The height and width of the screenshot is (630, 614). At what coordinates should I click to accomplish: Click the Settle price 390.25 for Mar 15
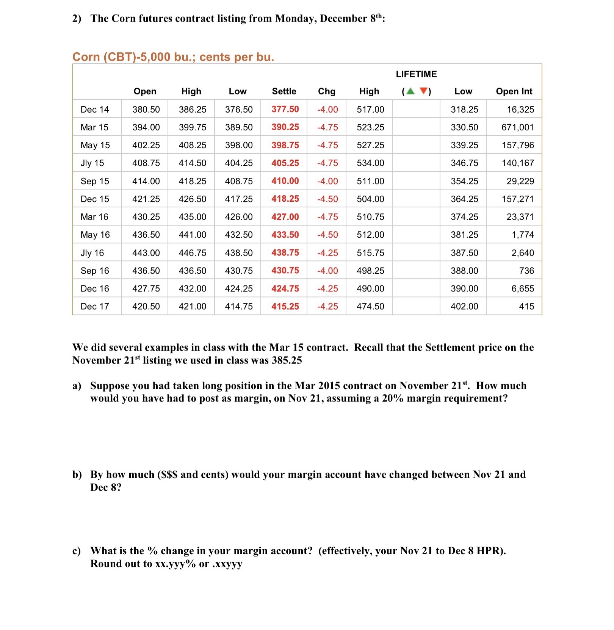[285, 127]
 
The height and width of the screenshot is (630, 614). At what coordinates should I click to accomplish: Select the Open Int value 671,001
[517, 127]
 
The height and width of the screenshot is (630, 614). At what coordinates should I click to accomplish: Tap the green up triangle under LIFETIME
[410, 91]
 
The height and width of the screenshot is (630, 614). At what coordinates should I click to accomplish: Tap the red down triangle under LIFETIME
[424, 91]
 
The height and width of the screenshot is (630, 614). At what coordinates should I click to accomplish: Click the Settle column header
[284, 91]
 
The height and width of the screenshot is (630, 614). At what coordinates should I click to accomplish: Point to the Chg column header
[326, 91]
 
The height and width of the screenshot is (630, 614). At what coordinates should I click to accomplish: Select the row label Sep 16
[95, 271]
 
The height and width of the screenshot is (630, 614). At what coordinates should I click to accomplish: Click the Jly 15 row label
[92, 163]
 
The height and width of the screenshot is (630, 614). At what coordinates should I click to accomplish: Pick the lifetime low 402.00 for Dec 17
[464, 306]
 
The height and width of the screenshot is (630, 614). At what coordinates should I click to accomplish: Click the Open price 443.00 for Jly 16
[146, 253]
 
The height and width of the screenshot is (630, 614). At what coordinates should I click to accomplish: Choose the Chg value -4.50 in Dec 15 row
[327, 199]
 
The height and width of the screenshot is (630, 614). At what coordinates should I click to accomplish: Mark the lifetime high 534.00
[370, 163]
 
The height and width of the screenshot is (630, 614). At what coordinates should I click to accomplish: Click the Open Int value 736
[526, 271]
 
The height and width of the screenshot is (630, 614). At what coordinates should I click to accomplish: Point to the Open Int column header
[514, 91]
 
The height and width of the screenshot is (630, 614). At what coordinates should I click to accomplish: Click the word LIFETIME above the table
[416, 74]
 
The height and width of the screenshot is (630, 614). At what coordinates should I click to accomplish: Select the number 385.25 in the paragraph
[287, 360]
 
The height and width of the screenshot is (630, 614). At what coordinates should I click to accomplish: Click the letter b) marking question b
[77, 475]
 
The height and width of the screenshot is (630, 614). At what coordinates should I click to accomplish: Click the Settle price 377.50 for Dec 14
[285, 109]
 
